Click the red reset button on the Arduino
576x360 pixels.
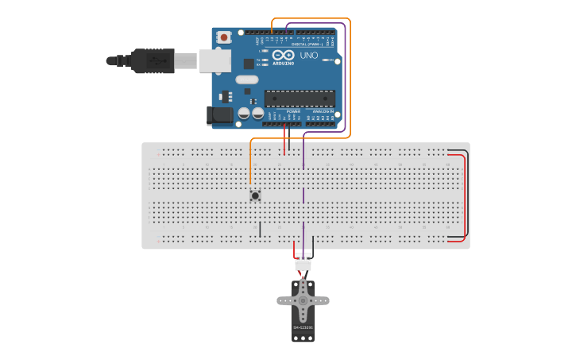pos(224,37)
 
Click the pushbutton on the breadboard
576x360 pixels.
pos(255,195)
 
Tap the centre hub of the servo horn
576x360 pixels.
pos(303,300)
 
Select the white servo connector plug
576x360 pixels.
pos(303,263)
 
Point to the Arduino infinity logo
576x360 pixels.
pos(283,55)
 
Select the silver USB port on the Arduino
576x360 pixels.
pos(215,60)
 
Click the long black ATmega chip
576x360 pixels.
pos(300,99)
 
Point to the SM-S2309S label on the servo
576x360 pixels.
pos(303,327)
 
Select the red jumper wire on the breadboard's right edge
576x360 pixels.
pos(464,199)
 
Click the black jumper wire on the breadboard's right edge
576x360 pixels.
pos(468,191)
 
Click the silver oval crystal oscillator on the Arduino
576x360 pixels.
pos(247,79)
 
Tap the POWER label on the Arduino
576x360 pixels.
pos(282,111)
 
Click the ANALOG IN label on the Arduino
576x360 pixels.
pos(323,111)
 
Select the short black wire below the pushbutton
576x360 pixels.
pos(260,229)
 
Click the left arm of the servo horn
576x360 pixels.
pos(284,300)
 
